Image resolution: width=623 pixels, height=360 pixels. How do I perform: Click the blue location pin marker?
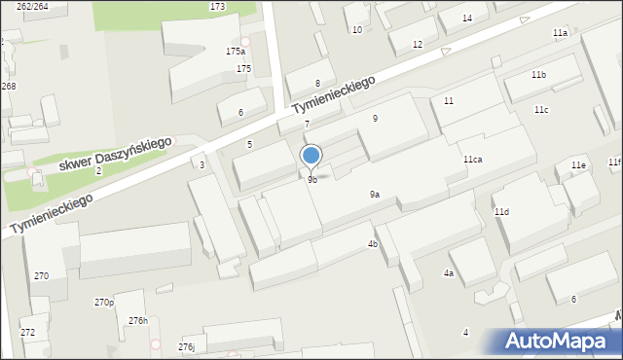point(311,156)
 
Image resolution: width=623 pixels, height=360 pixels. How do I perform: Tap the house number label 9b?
point(311,180)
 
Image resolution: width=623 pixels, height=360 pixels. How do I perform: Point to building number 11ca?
point(473,159)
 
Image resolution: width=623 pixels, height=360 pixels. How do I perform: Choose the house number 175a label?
point(236,51)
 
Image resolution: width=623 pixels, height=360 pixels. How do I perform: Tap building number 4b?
point(373,244)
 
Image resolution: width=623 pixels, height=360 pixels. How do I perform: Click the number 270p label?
point(104,303)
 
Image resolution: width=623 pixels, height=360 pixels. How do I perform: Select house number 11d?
point(501,211)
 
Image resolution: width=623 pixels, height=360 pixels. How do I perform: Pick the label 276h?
point(138,321)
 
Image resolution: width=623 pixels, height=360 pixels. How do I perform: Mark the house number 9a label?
point(375,195)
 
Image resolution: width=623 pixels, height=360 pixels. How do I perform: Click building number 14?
point(467,18)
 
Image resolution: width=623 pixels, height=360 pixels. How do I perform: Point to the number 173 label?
point(217,7)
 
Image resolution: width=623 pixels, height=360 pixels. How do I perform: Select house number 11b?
point(538,75)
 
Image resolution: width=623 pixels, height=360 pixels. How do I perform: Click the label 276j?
point(186,347)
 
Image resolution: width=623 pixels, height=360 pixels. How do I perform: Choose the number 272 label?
point(27,333)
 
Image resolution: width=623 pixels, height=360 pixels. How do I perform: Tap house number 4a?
point(449,273)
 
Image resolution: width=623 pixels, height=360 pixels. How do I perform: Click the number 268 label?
point(8,87)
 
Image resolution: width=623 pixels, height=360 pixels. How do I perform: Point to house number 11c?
point(541,110)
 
